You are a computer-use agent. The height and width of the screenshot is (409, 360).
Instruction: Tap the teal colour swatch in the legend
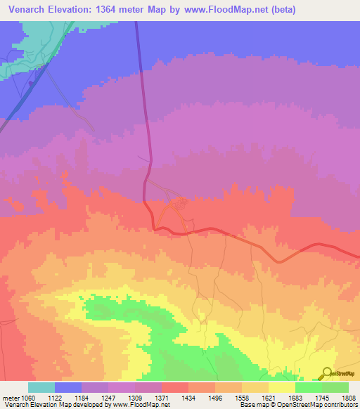pyautogui.click(x=41, y=387)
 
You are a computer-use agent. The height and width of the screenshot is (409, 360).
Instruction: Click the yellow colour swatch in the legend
pyautogui.click(x=282, y=387)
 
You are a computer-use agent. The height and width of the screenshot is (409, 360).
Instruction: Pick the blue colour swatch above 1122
pyautogui.click(x=68, y=387)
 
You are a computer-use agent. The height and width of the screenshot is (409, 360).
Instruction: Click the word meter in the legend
pyautogui.click(x=10, y=397)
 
